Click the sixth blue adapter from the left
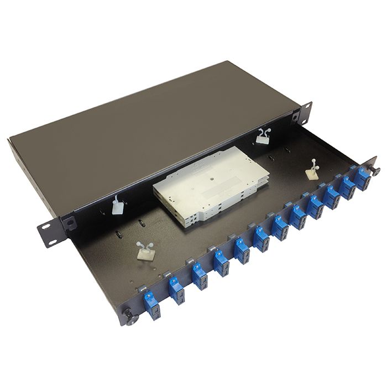tap(262, 238)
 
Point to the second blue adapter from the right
tap(350, 186)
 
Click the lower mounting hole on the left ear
tap(51, 242)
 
